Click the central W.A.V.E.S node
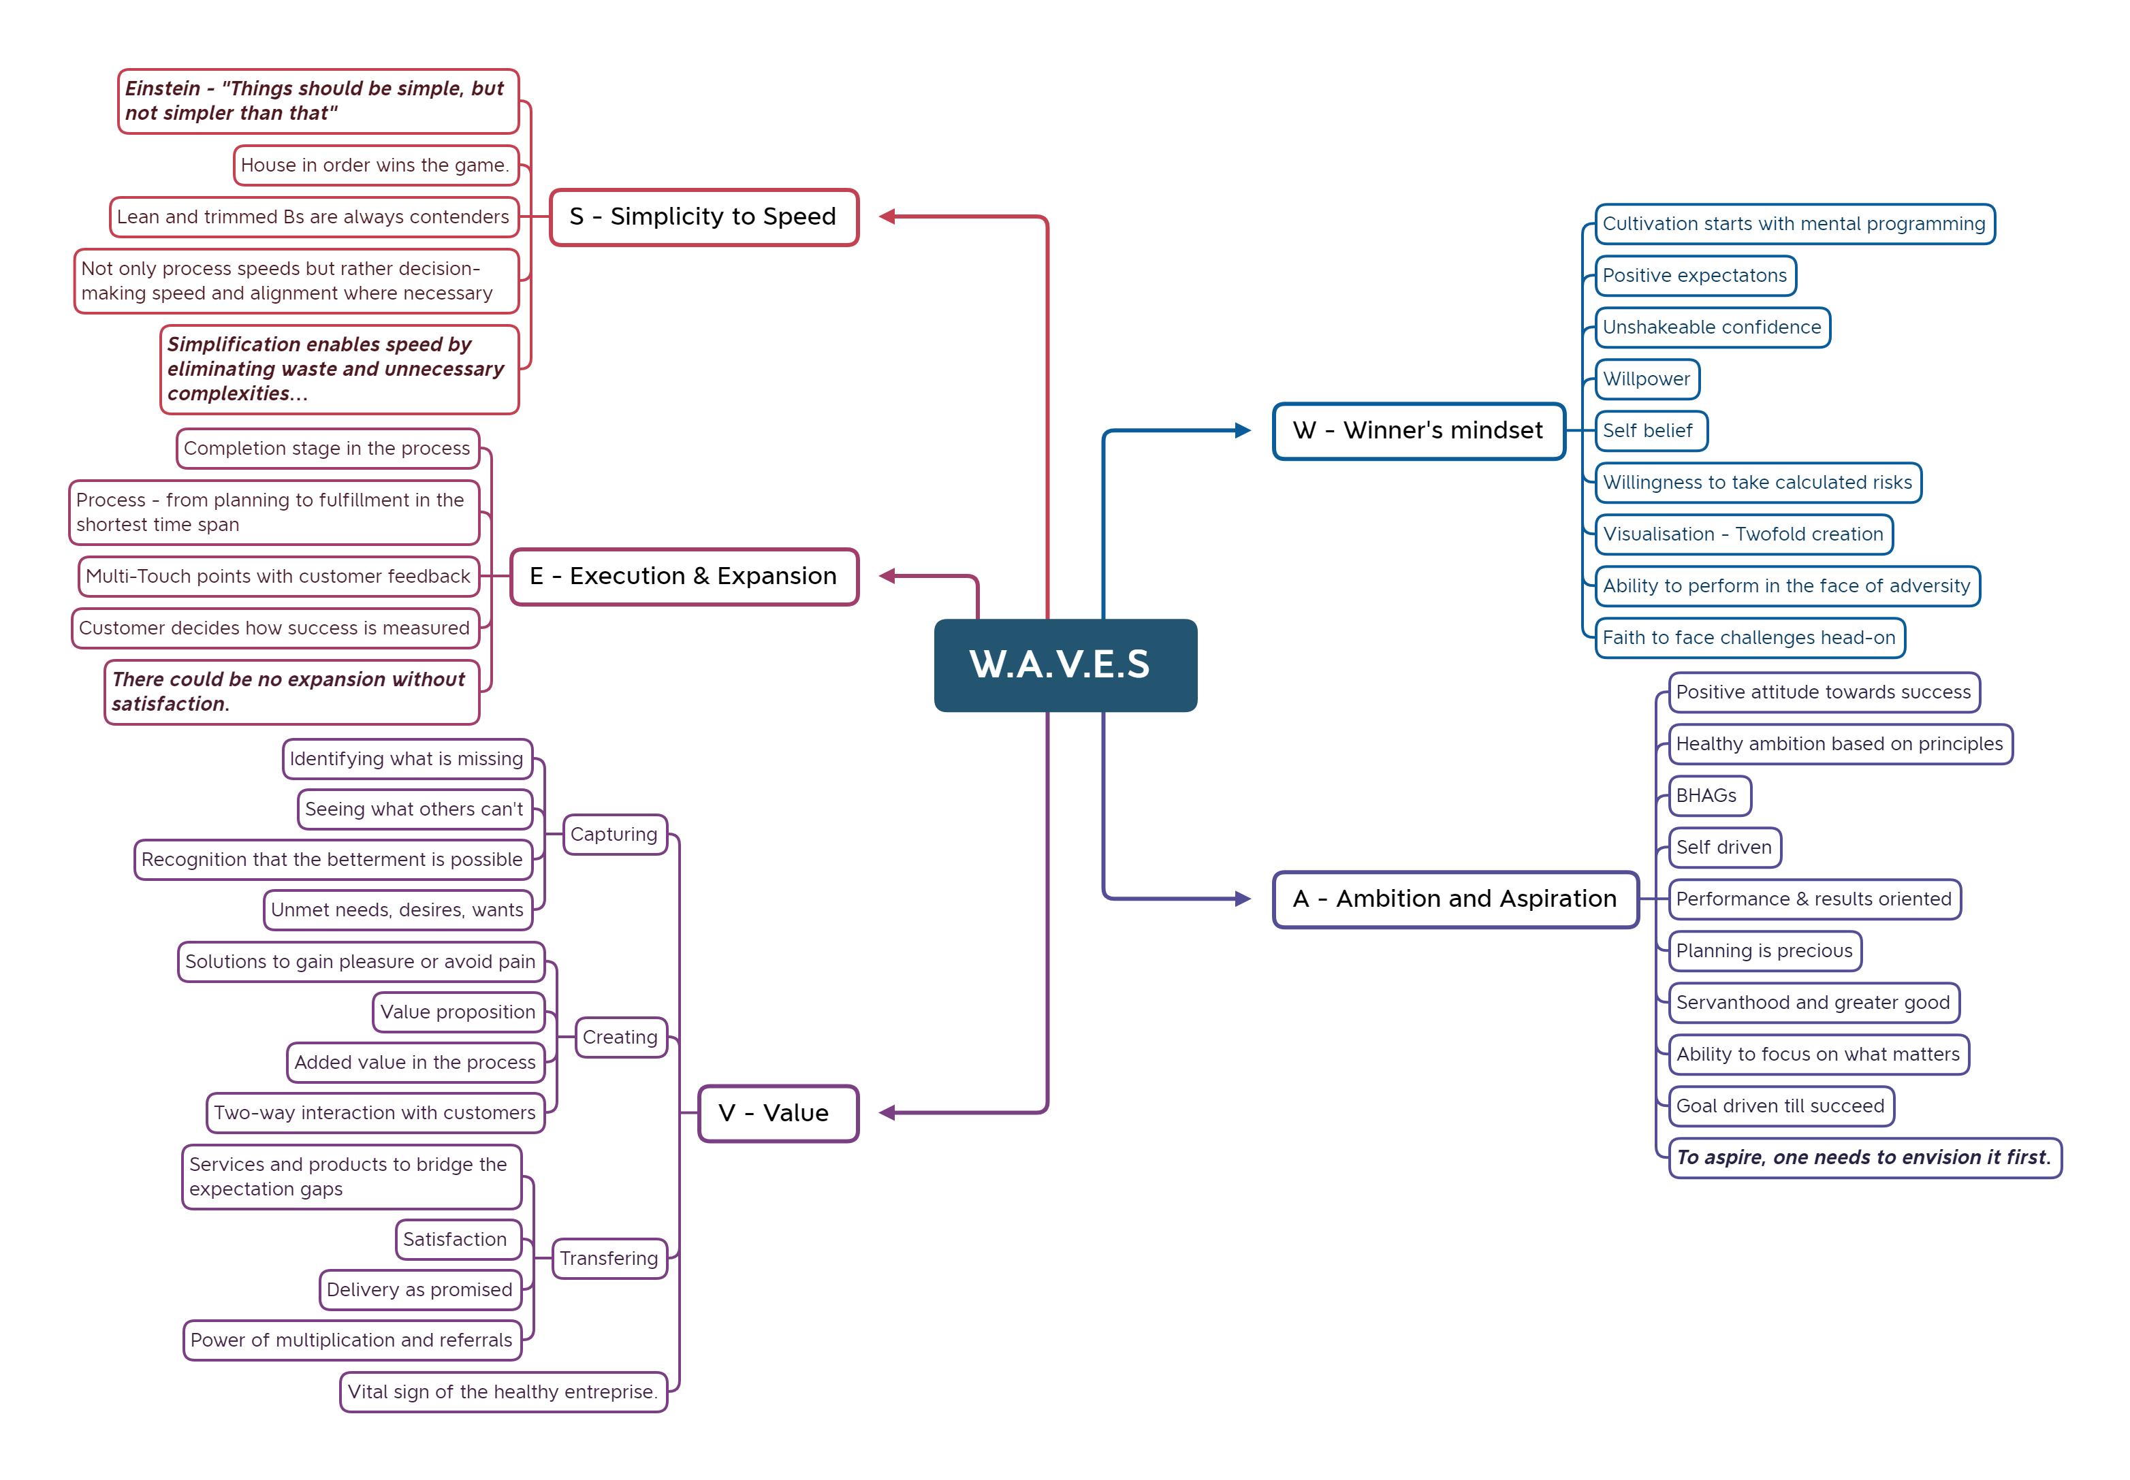click(x=1064, y=665)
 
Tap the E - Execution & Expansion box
click(x=684, y=576)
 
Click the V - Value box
click(x=777, y=1113)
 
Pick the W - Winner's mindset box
click(x=1418, y=430)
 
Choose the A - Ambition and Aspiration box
click(x=1454, y=899)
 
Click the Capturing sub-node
click(x=614, y=834)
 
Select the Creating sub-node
click(x=620, y=1037)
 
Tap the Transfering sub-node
click(x=608, y=1257)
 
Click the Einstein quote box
click(x=317, y=101)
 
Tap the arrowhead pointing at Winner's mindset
click(x=1243, y=430)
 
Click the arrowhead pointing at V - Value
click(x=887, y=1113)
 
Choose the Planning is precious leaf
click(x=1764, y=950)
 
